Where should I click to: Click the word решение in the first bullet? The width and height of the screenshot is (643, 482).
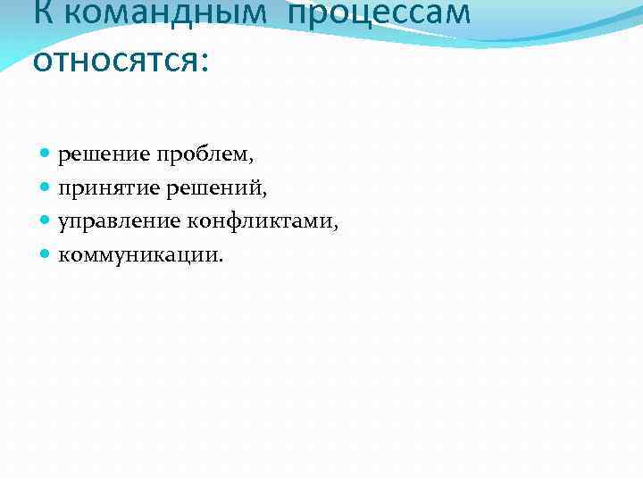(104, 155)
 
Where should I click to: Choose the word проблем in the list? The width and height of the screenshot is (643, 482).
(204, 155)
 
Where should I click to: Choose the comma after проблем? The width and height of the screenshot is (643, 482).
(252, 162)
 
